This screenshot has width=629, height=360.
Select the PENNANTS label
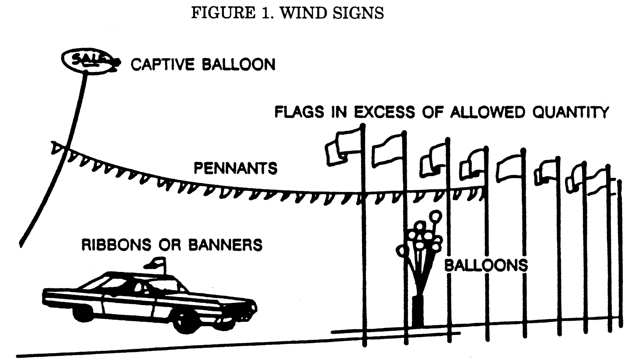point(236,168)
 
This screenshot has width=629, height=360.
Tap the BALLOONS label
point(486,265)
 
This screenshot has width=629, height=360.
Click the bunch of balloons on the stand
point(420,236)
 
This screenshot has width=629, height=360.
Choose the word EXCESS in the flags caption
point(385,112)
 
